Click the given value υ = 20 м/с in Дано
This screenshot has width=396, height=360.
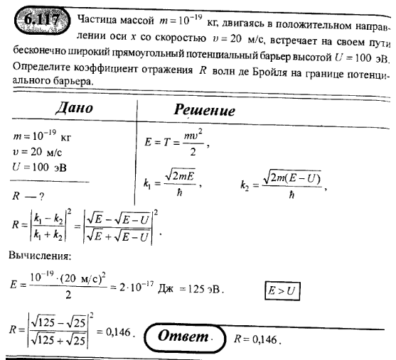tap(38, 153)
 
